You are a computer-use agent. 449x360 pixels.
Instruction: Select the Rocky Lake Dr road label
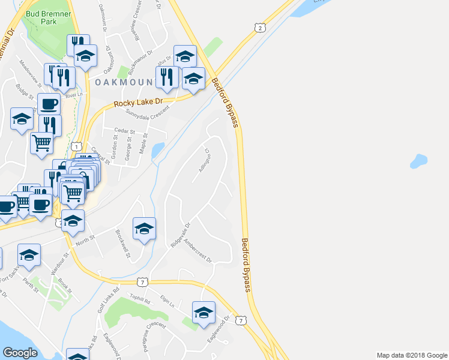[138, 103]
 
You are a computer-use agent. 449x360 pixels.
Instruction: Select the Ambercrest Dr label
[198, 251]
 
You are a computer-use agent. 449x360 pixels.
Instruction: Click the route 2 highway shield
[259, 28]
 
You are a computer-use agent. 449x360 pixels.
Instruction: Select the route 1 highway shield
[76, 146]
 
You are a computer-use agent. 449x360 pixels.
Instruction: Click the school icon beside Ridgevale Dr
[144, 229]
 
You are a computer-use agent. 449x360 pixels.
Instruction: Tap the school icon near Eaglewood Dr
[203, 313]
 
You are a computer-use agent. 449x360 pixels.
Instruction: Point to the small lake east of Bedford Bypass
[418, 161]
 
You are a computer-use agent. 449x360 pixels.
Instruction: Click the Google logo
[20, 353]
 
